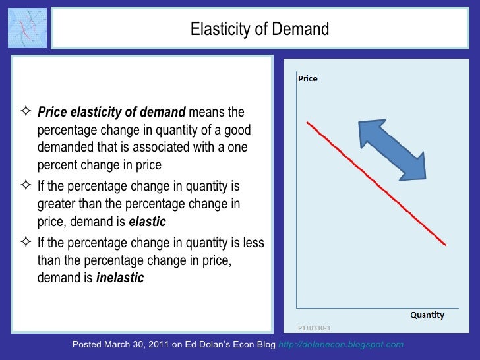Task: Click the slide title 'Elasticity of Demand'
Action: pyautogui.click(x=259, y=29)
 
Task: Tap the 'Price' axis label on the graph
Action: pyautogui.click(x=308, y=78)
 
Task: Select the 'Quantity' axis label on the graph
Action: pyautogui.click(x=427, y=315)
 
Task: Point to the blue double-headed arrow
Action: pyautogui.click(x=392, y=149)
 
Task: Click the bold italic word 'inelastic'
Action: pyautogui.click(x=120, y=278)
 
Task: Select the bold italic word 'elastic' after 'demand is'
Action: pyautogui.click(x=147, y=222)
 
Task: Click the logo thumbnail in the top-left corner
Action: pyautogui.click(x=28, y=28)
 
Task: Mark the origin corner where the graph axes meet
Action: pyautogui.click(x=297, y=307)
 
